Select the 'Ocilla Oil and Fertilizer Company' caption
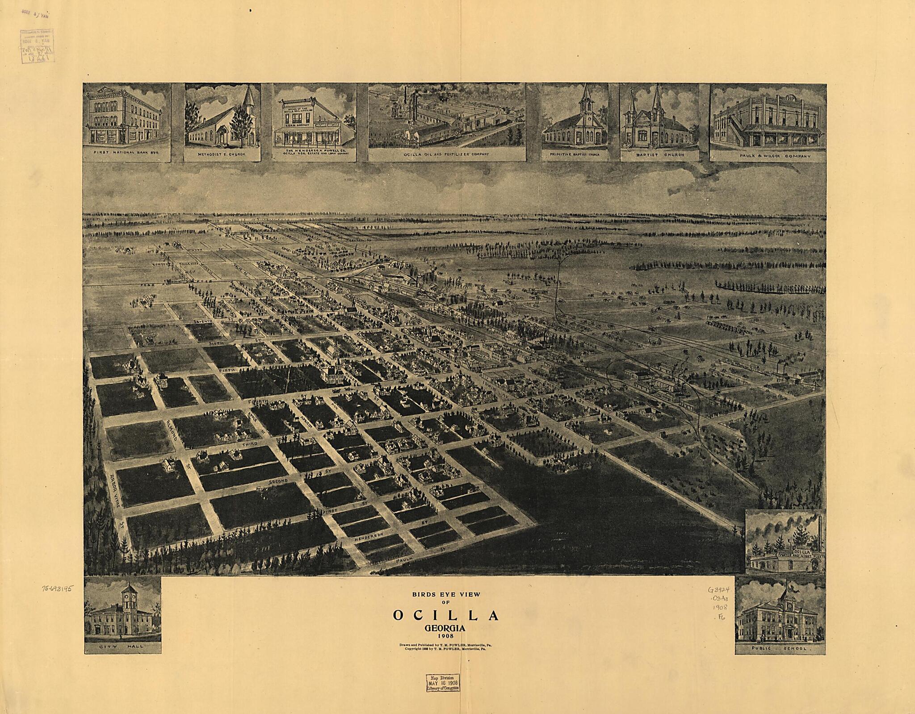click(x=446, y=154)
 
